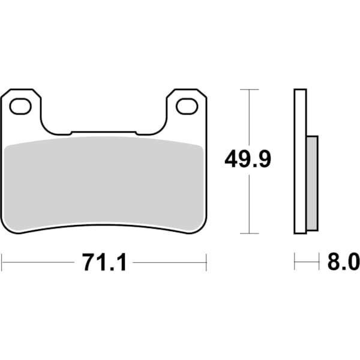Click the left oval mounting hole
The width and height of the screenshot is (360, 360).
click(20, 106)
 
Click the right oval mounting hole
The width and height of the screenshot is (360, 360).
click(187, 106)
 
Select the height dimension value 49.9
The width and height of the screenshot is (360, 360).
click(248, 160)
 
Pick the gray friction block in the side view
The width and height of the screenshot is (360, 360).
click(313, 183)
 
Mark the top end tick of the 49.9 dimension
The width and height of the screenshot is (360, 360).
click(249, 89)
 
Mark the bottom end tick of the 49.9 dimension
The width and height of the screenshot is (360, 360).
click(249, 233)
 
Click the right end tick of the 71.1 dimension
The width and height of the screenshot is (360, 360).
click(206, 262)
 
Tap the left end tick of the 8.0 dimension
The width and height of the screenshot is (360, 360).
click(295, 262)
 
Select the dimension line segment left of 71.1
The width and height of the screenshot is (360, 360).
click(39, 262)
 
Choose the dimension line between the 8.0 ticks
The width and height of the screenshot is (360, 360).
click(307, 262)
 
